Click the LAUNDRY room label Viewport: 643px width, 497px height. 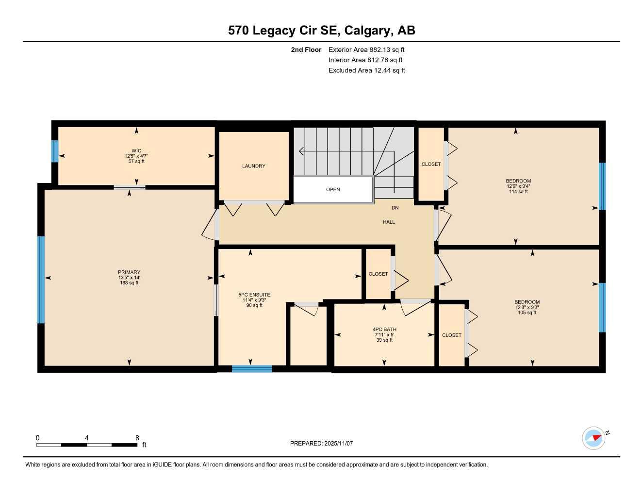253,166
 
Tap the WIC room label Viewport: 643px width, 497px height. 136,151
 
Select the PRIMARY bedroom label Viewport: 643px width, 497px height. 129,272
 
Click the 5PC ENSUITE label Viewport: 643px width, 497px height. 254,295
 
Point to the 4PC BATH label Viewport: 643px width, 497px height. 384,330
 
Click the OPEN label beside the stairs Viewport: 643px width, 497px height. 333,189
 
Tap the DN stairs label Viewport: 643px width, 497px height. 395,208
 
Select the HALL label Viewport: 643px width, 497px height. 389,222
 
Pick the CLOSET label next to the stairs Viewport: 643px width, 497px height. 431,164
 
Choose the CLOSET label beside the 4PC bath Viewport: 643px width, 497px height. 451,335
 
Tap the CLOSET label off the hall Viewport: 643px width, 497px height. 378,274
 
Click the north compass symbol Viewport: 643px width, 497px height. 594,438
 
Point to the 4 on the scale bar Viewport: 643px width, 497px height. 87,438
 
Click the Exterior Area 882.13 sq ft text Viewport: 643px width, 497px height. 366,50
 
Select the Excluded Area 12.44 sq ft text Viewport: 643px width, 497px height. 366,70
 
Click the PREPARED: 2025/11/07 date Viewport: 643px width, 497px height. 321,443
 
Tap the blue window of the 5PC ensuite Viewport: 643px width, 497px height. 251,369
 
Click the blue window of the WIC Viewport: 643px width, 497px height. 55,151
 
